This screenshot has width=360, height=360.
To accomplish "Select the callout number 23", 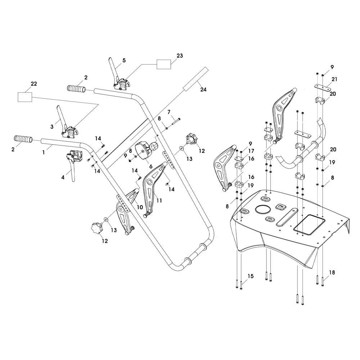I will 180,56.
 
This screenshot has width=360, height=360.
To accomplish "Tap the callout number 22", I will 34,84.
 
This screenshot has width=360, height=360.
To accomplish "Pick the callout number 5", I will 124,61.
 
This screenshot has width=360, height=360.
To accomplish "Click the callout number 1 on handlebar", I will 44,152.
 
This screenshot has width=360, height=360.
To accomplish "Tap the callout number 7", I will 168,113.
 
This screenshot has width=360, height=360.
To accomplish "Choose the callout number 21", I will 334,79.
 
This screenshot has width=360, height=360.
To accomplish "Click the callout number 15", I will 251,276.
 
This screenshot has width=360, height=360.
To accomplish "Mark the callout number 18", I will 332,273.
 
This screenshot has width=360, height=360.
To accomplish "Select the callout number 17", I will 251,152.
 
